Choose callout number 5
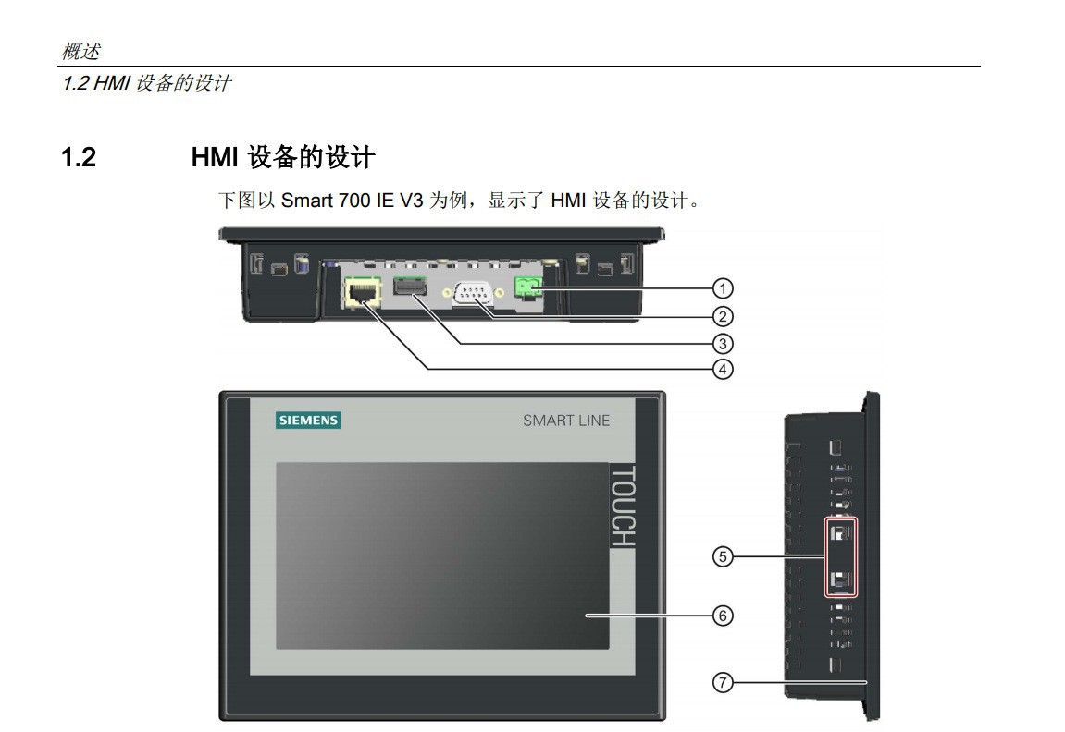coord(722,556)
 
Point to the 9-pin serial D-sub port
coord(473,294)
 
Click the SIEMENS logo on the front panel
coord(309,421)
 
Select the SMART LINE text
coord(566,421)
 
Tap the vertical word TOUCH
coord(623,506)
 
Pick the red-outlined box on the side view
coord(841,556)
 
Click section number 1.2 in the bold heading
coord(79,158)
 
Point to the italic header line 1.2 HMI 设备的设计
coord(145,84)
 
